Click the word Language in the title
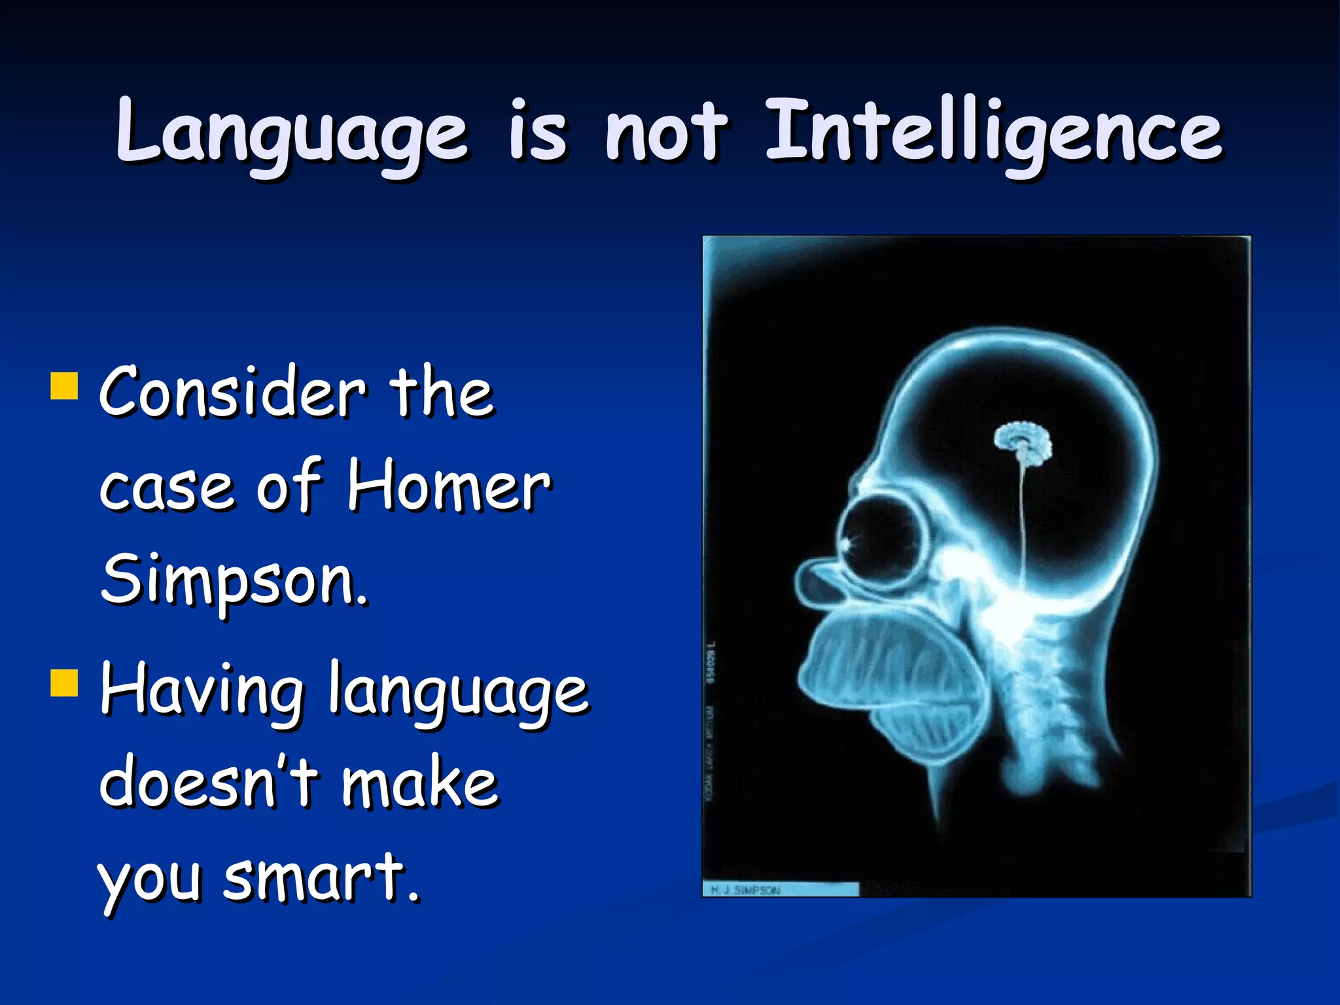pyautogui.click(x=292, y=131)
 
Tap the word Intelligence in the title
pyautogui.click(x=993, y=131)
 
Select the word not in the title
pyautogui.click(x=666, y=131)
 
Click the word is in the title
pyautogui.click(x=538, y=131)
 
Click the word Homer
pyautogui.click(x=449, y=485)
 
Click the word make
pyautogui.click(x=420, y=782)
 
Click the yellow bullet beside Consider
pyautogui.click(x=64, y=386)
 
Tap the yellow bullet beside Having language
pyautogui.click(x=64, y=682)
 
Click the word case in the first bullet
pyautogui.click(x=166, y=487)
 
